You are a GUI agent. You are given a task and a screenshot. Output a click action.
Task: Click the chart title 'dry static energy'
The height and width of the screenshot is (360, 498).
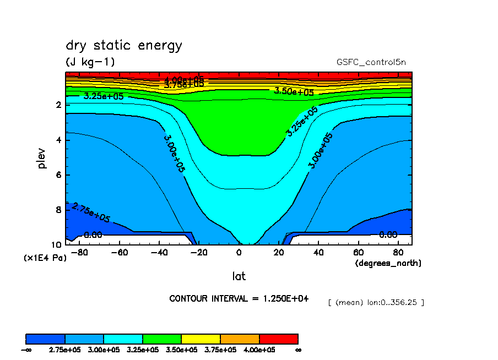pos(123,46)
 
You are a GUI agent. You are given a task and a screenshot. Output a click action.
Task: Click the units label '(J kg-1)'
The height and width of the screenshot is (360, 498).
pos(90,62)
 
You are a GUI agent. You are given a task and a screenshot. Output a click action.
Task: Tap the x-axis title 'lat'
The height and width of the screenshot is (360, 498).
pos(239,276)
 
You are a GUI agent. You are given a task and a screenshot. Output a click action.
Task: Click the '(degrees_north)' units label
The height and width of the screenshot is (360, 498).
pos(388,263)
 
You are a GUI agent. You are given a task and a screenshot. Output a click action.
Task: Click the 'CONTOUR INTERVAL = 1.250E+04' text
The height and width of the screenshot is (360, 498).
pos(239,298)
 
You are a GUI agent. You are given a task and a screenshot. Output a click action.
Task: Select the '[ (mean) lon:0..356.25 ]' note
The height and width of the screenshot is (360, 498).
pos(376,302)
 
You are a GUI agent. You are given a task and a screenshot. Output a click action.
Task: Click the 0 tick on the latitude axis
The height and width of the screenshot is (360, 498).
pos(239,253)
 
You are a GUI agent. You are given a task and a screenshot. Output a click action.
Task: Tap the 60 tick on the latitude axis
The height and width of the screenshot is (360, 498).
pos(358,253)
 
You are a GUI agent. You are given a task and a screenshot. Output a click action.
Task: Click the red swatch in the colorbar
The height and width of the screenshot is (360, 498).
pos(279,339)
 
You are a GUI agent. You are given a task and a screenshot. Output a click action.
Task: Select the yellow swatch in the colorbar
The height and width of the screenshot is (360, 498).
pos(201,339)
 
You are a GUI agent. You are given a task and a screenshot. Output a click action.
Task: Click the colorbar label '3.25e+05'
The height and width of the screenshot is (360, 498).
pos(143,350)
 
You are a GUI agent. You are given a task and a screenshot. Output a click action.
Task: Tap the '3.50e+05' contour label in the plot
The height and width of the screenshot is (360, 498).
pos(294,91)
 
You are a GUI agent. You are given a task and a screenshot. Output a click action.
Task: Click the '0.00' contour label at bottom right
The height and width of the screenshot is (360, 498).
pos(388,234)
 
